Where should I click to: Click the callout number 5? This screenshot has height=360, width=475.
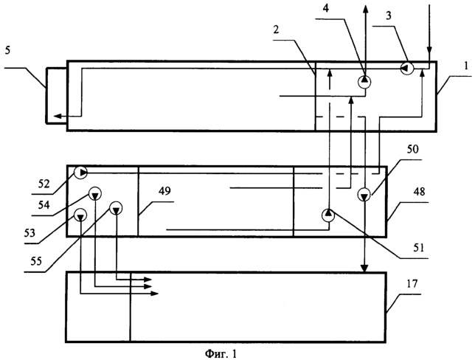(x=8, y=50)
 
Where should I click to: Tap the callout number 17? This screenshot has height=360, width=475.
(x=412, y=283)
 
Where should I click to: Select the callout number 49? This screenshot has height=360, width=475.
(x=164, y=191)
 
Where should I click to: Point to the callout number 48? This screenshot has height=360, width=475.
(x=419, y=191)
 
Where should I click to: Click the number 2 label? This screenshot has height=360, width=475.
(x=276, y=30)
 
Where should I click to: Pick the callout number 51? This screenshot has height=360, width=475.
(x=418, y=248)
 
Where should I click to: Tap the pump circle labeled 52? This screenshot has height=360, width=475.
(x=80, y=173)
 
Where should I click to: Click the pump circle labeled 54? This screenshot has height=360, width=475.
(x=95, y=193)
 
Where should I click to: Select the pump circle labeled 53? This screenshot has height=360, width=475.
(x=80, y=215)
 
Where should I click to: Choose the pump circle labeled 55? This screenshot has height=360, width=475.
(x=116, y=208)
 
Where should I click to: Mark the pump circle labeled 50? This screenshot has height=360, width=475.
(x=364, y=195)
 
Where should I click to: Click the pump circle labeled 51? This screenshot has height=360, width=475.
(x=328, y=215)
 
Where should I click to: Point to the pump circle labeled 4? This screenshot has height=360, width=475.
(x=364, y=81)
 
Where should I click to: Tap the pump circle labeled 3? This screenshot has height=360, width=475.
(x=407, y=68)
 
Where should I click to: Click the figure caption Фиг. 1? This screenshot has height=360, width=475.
(x=221, y=353)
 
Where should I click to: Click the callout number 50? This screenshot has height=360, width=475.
(x=412, y=149)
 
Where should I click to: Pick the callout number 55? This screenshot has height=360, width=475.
(x=36, y=261)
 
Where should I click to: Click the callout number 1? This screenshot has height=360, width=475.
(x=466, y=66)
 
